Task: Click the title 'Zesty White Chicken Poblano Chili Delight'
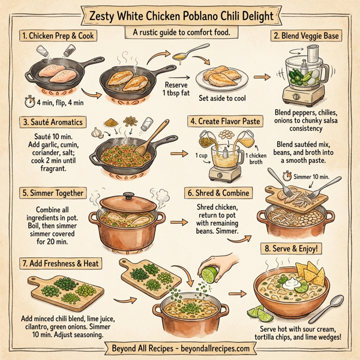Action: (x=179, y=14)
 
